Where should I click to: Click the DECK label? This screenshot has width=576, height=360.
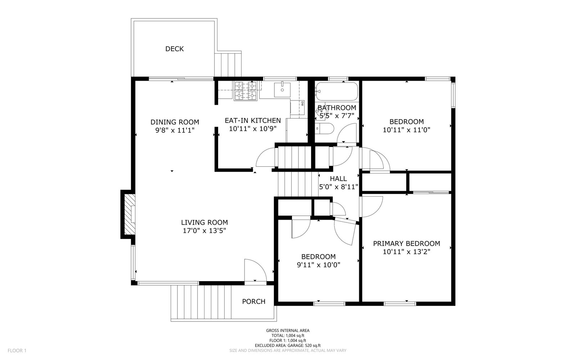point(174,49)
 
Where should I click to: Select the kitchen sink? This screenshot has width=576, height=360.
point(282,90)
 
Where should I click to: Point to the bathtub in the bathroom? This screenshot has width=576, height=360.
point(337,91)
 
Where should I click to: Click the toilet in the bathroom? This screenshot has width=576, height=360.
point(324,128)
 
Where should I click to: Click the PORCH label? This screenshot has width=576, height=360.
point(253,301)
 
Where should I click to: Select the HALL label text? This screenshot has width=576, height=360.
point(338,179)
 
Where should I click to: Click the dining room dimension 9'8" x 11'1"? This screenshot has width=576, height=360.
point(175,130)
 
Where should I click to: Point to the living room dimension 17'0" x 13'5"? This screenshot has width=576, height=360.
point(204,231)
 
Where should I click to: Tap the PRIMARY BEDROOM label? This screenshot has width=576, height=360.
point(406,243)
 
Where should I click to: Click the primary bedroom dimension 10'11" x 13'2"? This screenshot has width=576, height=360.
point(406,252)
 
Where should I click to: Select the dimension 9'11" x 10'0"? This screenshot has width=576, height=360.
point(319,265)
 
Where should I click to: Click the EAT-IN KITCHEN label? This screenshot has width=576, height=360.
point(253,120)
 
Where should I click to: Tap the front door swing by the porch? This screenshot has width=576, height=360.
point(255,270)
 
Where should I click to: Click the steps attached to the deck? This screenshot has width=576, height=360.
point(228,64)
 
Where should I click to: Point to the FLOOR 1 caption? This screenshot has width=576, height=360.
point(17,351)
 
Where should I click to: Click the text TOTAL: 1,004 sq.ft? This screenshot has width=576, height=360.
point(288,336)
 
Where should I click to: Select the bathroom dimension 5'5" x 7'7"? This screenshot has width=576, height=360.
point(337,116)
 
